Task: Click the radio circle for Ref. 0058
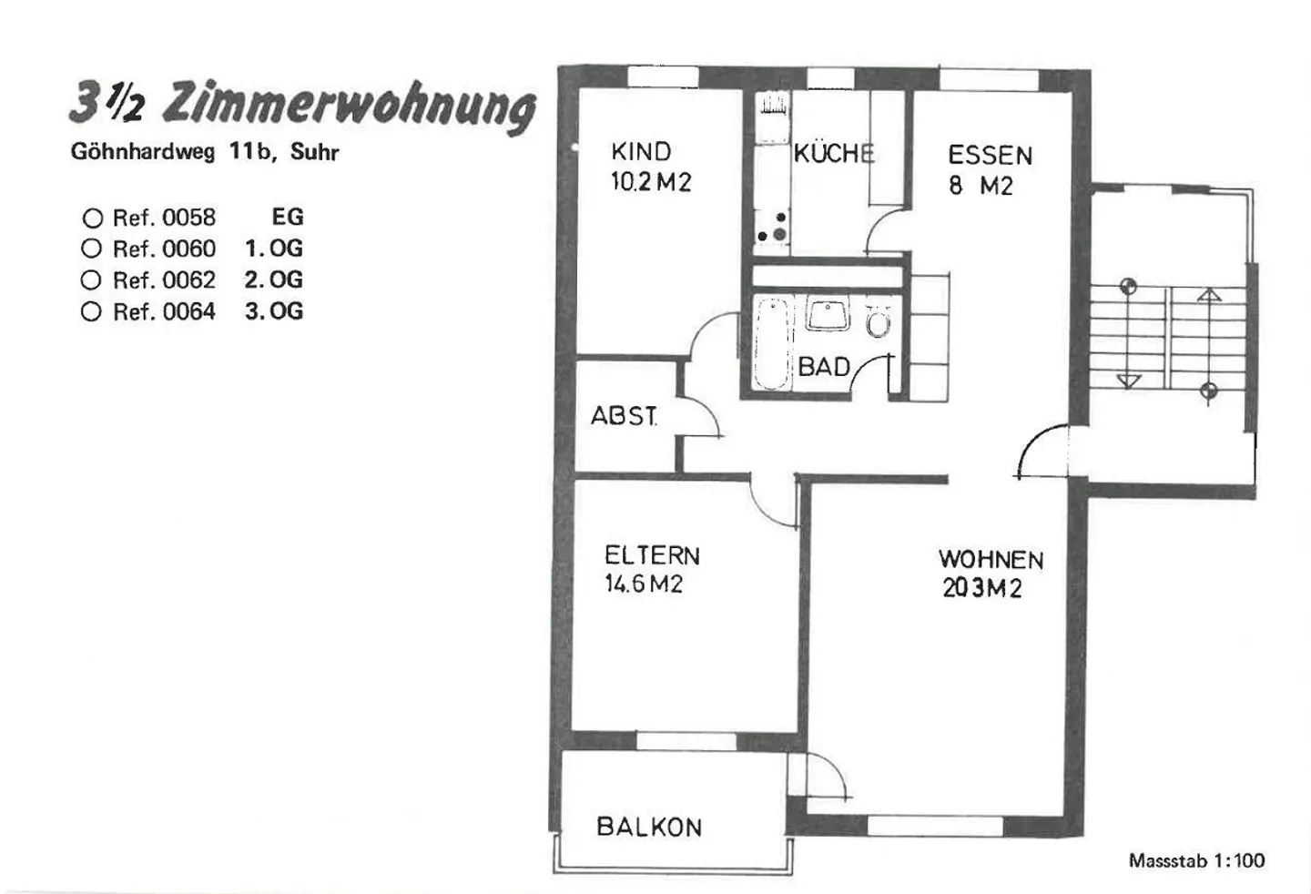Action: point(93,218)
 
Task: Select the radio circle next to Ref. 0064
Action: point(91,311)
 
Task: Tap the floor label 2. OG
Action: point(273,279)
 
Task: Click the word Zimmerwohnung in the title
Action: point(350,107)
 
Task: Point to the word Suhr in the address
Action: point(315,152)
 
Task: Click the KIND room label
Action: point(641,151)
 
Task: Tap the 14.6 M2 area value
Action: point(644,584)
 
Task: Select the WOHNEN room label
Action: point(991,560)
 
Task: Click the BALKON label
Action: point(649,828)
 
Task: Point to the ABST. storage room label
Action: point(624,416)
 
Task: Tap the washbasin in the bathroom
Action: point(828,312)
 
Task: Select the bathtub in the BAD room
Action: point(771,344)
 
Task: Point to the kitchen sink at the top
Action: point(773,118)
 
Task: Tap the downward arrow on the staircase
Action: point(1128,381)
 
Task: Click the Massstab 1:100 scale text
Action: point(1196,860)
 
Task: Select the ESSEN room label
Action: point(990,156)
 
